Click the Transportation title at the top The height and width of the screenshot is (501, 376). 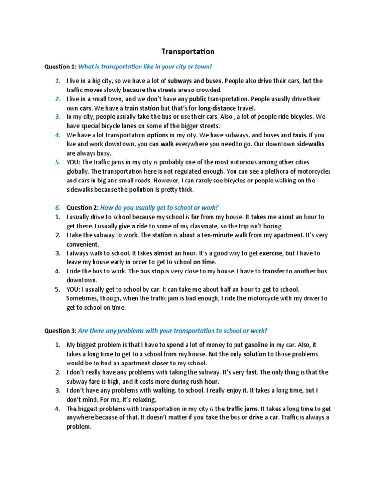(188, 51)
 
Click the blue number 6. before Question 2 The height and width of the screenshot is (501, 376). (57, 207)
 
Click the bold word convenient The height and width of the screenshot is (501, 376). (83, 244)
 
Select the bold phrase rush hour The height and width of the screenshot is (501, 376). (205, 381)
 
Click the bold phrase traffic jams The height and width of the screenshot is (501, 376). (247, 409)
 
